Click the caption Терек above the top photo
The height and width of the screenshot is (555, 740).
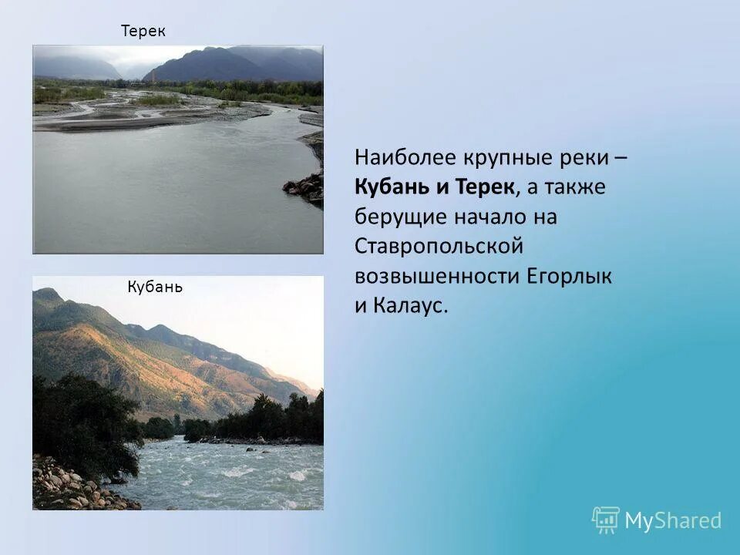point(143,31)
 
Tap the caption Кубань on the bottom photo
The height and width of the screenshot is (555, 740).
point(154,288)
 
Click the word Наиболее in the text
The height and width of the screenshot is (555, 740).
point(405,157)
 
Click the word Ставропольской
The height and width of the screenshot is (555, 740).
point(439,247)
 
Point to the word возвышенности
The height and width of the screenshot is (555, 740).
point(438,276)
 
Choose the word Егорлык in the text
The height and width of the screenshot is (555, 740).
point(570,276)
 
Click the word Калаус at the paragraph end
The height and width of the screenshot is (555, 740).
point(410,305)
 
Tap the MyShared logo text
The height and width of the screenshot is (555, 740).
point(673,521)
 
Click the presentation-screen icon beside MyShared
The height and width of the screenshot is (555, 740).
point(605,520)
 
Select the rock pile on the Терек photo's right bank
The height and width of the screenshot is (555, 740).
point(304,187)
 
